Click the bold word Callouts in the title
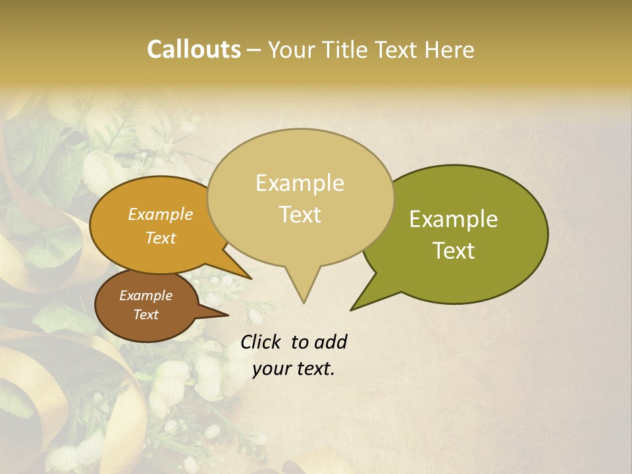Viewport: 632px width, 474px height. click(x=194, y=49)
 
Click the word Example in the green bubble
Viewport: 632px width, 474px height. click(x=454, y=219)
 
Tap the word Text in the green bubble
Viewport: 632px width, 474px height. click(x=454, y=251)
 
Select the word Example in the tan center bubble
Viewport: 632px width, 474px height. click(x=300, y=183)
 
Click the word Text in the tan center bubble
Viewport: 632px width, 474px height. click(x=300, y=215)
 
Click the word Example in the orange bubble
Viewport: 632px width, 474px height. click(x=160, y=214)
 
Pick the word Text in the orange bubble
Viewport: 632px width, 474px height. click(x=160, y=238)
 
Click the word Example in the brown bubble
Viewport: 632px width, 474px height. click(x=145, y=296)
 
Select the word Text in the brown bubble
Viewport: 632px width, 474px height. click(x=145, y=315)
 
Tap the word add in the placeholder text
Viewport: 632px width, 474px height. click(x=330, y=342)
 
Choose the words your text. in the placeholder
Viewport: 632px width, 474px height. click(x=293, y=369)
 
